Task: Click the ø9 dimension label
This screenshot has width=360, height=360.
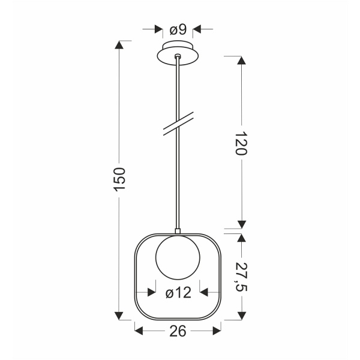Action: pos(178,29)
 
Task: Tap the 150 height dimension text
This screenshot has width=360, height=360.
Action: pos(120,180)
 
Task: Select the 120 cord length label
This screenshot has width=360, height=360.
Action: pos(241,143)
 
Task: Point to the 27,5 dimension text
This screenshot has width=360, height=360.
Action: pos(241,277)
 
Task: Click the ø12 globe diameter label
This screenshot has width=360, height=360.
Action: pos(178,293)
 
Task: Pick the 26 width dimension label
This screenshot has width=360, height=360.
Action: pos(178,331)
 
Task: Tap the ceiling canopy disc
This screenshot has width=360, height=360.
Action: pos(178,53)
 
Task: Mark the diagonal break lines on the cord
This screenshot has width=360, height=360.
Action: pos(178,125)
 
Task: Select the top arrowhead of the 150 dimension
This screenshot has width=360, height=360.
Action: pos(121,46)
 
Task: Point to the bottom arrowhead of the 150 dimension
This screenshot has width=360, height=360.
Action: pos(121,316)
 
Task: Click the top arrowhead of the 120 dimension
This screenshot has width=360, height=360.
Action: pos(241,61)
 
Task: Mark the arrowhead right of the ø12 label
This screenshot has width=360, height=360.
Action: pos(204,293)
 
